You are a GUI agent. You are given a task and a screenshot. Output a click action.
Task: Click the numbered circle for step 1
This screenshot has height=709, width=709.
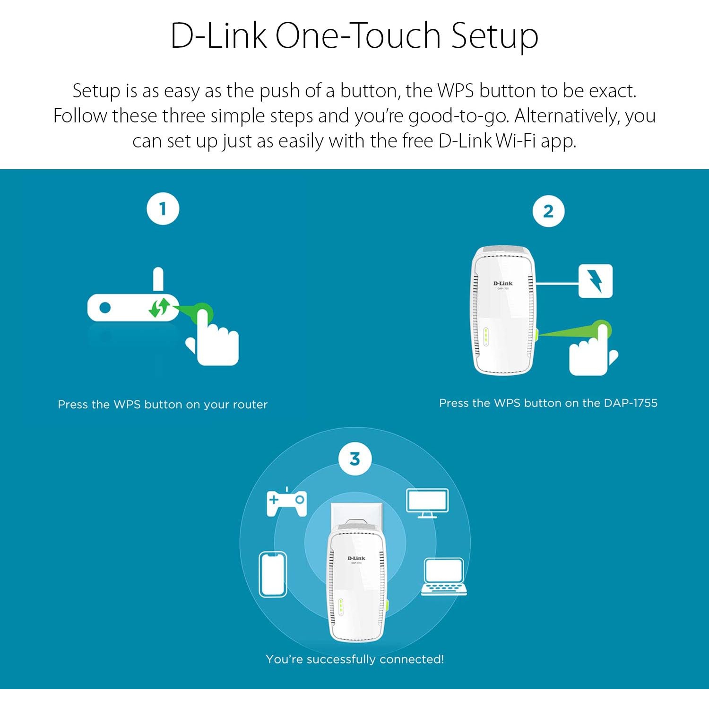point(163,208)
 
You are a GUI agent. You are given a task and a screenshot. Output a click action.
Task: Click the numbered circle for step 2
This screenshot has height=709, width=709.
point(548,211)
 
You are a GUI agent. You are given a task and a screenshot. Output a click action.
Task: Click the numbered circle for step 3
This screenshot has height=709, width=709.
point(355,458)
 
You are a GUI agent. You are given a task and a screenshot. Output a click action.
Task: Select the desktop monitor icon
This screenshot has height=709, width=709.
point(427,502)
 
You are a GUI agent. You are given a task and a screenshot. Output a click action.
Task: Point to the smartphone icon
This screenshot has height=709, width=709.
point(273,574)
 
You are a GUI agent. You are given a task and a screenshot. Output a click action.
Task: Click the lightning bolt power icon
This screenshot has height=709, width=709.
point(596,281)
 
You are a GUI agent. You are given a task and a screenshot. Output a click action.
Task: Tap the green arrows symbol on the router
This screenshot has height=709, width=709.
point(159,307)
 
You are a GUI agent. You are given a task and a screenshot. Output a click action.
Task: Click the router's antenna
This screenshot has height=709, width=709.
point(158,279)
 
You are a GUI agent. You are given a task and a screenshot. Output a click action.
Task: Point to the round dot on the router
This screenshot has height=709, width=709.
point(105,307)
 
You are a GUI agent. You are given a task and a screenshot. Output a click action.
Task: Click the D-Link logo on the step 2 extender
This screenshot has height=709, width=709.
point(503,284)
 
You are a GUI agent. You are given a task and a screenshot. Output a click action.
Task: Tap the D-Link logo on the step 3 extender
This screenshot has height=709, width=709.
point(356,558)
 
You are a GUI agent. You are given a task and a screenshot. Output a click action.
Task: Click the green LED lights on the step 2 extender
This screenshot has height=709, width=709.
point(486,336)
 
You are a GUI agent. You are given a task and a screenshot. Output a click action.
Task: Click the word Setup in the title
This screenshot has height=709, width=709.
point(494,36)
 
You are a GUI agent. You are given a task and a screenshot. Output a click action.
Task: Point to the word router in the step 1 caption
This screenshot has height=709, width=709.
point(250,405)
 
